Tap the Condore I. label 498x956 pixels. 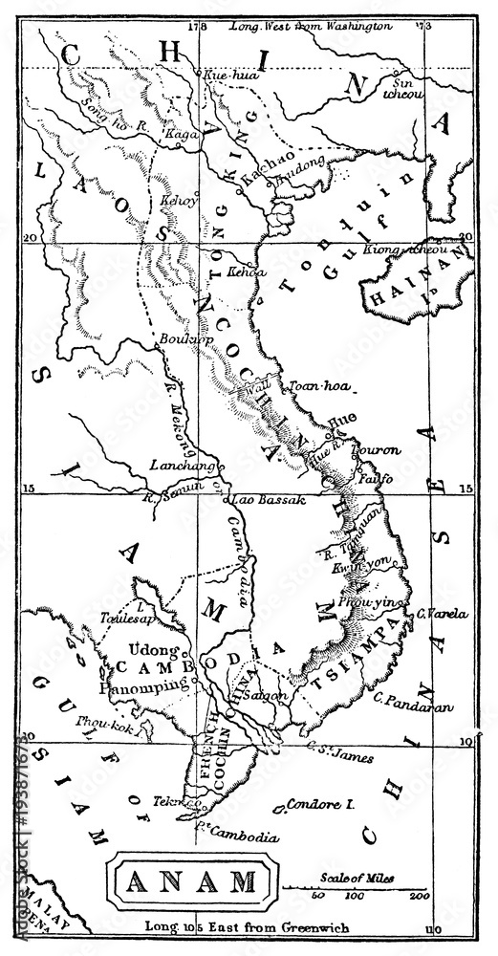coord(320,805)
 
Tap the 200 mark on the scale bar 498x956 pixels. coord(418,896)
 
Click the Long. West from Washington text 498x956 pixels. coord(311,26)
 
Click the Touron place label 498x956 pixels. coord(377,449)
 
